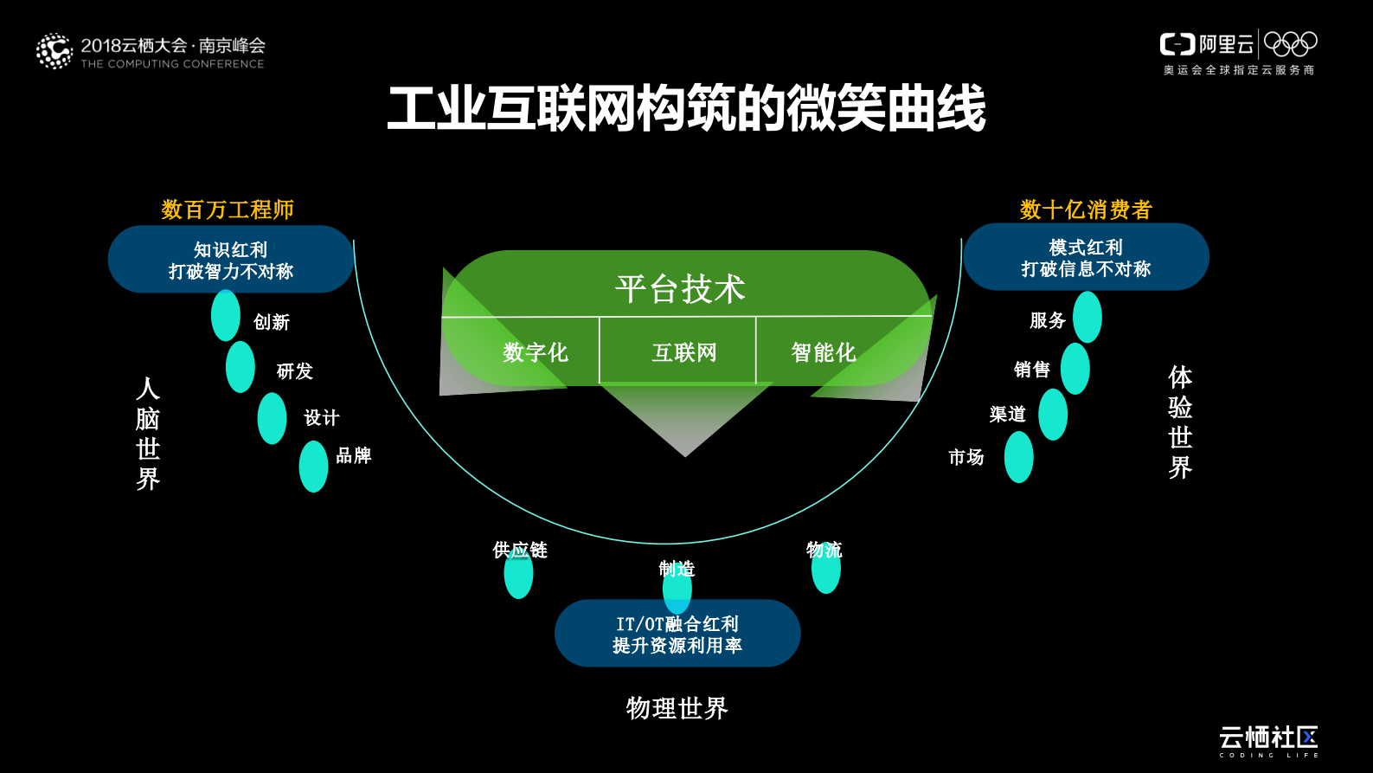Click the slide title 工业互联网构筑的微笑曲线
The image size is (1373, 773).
click(686, 109)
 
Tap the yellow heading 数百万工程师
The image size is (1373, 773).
click(228, 209)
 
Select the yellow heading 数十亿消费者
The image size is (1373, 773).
click(1086, 209)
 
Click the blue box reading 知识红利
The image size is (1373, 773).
click(230, 260)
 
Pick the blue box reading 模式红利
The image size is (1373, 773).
click(1086, 257)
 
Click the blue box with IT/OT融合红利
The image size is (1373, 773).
click(677, 634)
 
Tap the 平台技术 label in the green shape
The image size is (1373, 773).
click(681, 288)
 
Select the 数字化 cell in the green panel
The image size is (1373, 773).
click(535, 352)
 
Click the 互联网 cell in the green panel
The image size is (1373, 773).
click(683, 352)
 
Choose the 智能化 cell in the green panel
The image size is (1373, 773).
click(823, 352)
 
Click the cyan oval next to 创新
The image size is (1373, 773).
click(226, 315)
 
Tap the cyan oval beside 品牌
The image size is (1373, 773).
click(313, 467)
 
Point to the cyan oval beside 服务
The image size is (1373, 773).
click(1087, 317)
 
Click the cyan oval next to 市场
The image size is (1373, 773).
click(1019, 457)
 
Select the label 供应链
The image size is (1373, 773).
click(520, 550)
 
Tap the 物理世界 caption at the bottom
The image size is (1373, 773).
click(677, 708)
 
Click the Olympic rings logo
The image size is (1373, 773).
click(1290, 43)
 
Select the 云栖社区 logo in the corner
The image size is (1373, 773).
click(1268, 740)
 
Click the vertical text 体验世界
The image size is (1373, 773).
click(1180, 422)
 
